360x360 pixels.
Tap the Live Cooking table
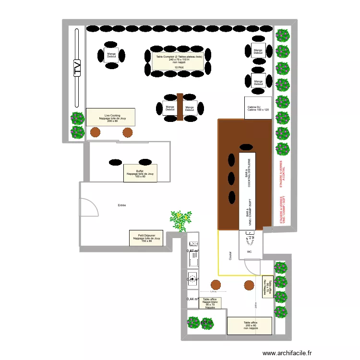pyautogui.click(x=110, y=117)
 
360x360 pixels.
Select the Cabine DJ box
pyautogui.click(x=258, y=108)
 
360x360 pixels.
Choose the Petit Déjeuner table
pyautogui.click(x=146, y=238)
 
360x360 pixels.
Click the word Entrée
pyautogui.click(x=122, y=205)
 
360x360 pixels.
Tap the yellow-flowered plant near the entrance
pyautogui.click(x=180, y=220)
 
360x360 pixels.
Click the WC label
pyautogui.click(x=249, y=252)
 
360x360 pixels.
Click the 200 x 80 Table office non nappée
pyautogui.click(x=250, y=326)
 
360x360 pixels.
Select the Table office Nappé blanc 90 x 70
pyautogui.click(x=210, y=303)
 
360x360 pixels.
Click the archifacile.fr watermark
pyautogui.click(x=292, y=352)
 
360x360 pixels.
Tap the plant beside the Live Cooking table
pyautogui.click(x=77, y=126)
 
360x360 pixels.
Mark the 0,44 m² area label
pyautogui.click(x=192, y=299)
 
